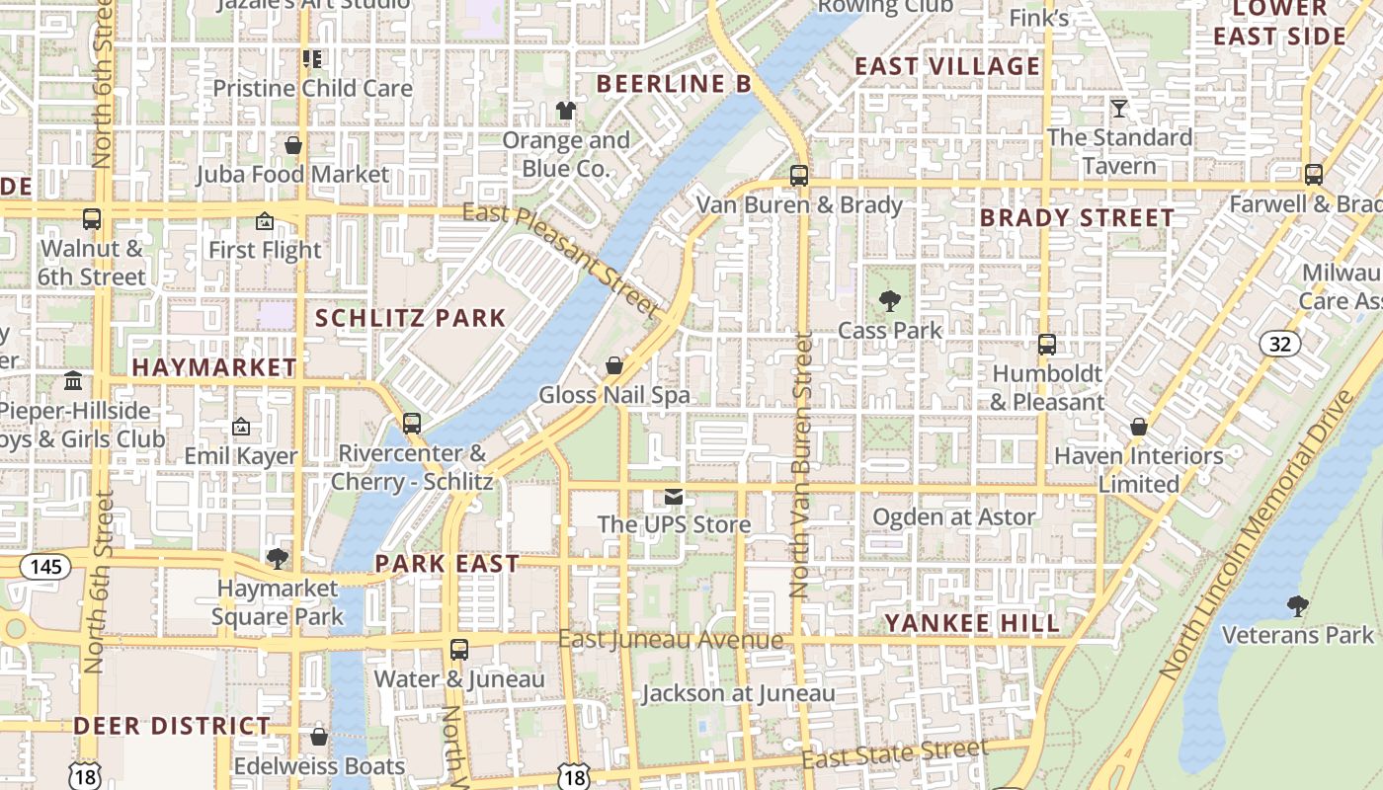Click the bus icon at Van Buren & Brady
798,176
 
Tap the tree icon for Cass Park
890,301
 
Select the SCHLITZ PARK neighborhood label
410,318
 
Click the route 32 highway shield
1280,344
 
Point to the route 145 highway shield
44,567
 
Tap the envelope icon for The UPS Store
674,496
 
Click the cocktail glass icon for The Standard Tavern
1119,108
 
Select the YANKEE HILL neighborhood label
971,623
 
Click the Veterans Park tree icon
1298,605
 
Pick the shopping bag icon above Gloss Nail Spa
614,366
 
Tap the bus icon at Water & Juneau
459,650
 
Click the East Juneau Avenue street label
671,640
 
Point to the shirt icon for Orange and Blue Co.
566,111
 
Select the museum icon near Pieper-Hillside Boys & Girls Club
73,381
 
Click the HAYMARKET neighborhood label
214,367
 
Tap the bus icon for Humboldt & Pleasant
1047,345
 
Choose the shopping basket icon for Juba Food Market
292,146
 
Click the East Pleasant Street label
560,259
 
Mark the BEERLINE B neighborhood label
674,84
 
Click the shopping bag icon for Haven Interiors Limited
1139,427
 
